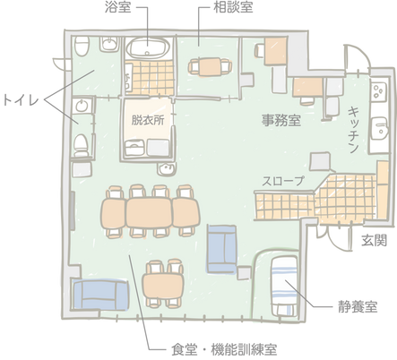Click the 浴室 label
117,7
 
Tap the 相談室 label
233,7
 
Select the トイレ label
21,99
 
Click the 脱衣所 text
148,120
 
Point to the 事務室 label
281,120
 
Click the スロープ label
283,181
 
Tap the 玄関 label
375,240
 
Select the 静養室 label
358,306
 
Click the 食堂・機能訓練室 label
224,349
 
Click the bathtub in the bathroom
148,48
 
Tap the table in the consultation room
210,66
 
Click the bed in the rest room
285,287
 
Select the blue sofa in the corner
100,295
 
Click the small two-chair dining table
163,285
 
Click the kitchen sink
379,129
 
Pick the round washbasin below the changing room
166,169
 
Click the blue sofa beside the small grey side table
222,248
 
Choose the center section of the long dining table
149,212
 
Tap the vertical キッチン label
353,130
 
